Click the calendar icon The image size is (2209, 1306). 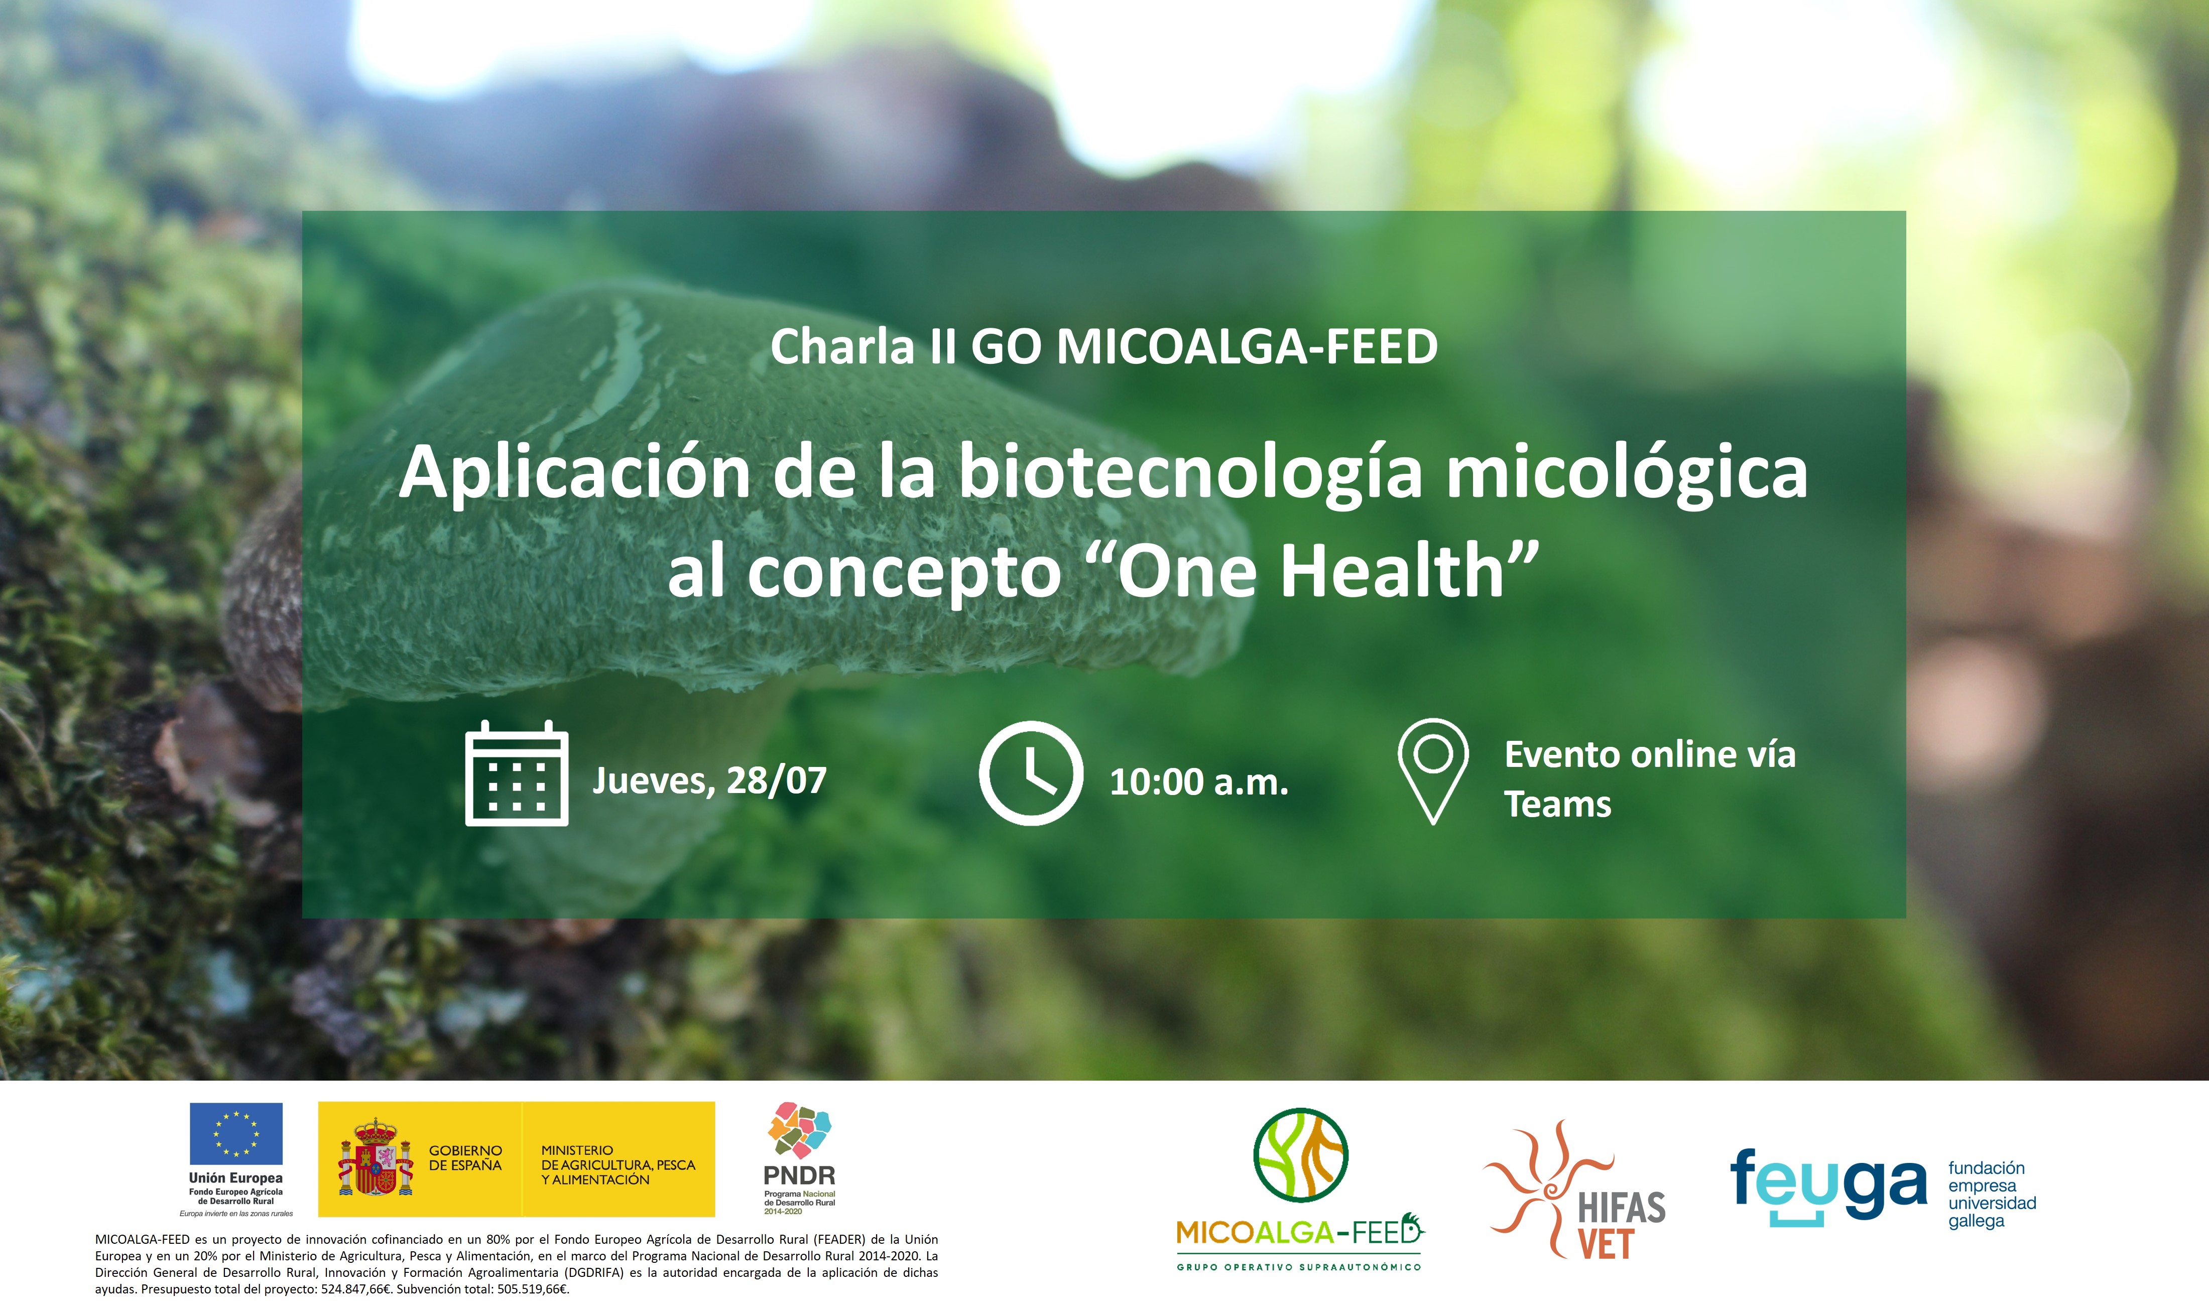pyautogui.click(x=517, y=772)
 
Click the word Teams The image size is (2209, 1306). pyautogui.click(x=1558, y=805)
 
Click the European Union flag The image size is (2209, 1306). pyautogui.click(x=236, y=1133)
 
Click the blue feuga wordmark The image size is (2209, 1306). pyautogui.click(x=1829, y=1187)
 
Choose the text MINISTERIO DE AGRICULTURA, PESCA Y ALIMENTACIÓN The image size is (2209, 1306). pyautogui.click(x=618, y=1164)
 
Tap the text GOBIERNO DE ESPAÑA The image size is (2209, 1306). pyautogui.click(x=465, y=1157)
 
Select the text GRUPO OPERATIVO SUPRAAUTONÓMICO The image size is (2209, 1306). pyautogui.click(x=1299, y=1267)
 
